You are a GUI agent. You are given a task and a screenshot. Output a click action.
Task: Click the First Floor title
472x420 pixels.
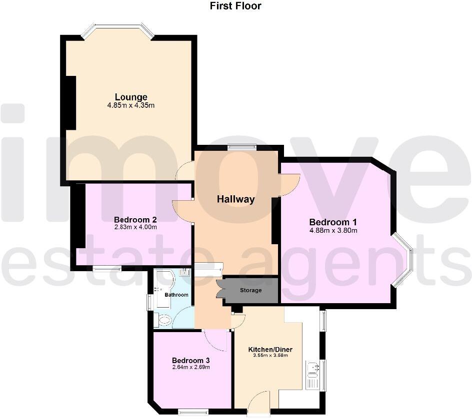pos(235,6)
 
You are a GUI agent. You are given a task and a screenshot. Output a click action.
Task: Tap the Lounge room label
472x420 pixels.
pos(131,97)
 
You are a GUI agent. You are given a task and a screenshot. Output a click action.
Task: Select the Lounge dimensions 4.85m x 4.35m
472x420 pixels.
pos(131,105)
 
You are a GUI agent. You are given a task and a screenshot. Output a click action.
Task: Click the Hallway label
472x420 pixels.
pos(235,199)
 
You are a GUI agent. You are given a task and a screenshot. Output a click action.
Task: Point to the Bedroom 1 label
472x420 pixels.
pos(333,222)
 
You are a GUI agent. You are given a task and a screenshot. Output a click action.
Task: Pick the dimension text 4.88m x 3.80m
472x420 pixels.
pos(333,231)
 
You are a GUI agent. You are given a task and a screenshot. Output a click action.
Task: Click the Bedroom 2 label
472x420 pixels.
pos(135,220)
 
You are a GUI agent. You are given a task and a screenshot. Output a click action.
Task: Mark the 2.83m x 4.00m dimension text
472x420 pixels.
pos(135,227)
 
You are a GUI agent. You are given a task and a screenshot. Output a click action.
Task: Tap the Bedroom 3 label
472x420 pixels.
pos(190,361)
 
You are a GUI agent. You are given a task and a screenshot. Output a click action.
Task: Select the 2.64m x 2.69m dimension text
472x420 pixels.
pos(190,368)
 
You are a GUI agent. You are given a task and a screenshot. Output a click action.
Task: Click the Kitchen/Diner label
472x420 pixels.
pos(270,350)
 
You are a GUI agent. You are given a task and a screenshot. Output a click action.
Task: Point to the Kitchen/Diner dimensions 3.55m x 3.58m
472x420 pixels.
pos(270,356)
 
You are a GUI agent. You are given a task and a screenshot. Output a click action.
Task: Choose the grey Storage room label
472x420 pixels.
pos(250,290)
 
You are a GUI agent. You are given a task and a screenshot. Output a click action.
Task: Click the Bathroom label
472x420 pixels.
pos(176,295)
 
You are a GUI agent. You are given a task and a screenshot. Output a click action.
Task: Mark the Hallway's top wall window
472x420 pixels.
pos(241,147)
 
